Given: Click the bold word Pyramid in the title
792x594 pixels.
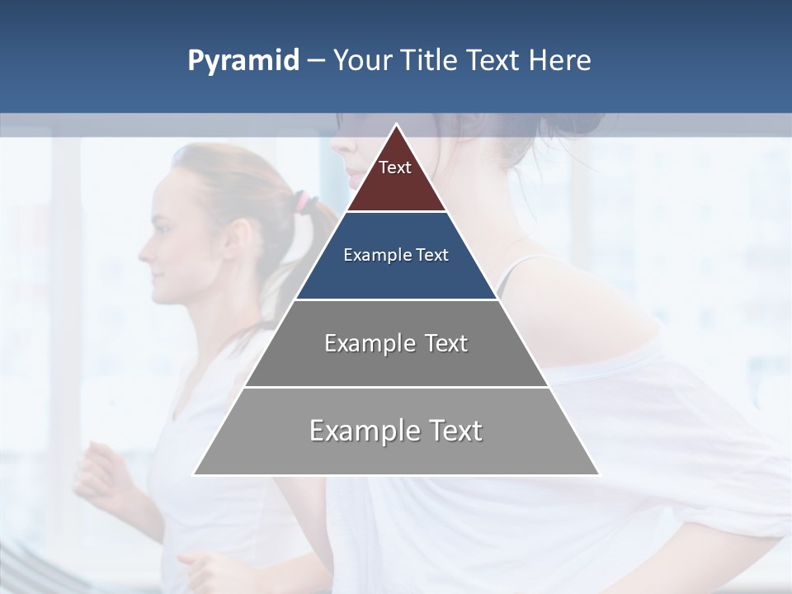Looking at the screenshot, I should pos(243,61).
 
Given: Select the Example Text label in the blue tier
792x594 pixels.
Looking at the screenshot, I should pos(396,255).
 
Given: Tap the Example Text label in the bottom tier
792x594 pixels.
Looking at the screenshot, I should pos(396,431).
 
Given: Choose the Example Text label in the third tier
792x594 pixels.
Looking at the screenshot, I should pos(396,343).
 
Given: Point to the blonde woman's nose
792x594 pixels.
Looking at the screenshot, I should pos(141,245).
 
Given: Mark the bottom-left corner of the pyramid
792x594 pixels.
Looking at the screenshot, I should pos(195,474).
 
